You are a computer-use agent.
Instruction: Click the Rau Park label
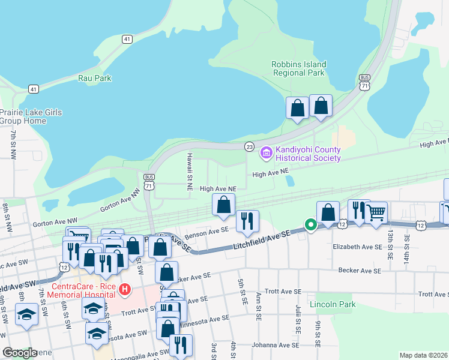(x=94, y=78)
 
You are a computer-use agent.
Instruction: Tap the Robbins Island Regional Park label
(x=298, y=68)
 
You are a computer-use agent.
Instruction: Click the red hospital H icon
(x=124, y=290)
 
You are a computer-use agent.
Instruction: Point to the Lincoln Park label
(x=333, y=304)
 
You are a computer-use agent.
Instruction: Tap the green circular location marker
(x=310, y=225)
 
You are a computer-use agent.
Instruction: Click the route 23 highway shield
(x=249, y=146)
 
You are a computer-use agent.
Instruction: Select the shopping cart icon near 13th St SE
(x=376, y=211)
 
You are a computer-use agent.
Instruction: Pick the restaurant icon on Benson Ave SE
(x=247, y=221)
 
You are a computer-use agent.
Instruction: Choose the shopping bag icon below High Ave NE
(x=223, y=205)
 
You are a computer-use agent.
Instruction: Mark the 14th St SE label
(x=408, y=245)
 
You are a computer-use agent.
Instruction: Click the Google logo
(x=20, y=352)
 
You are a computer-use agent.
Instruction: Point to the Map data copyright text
(x=423, y=355)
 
